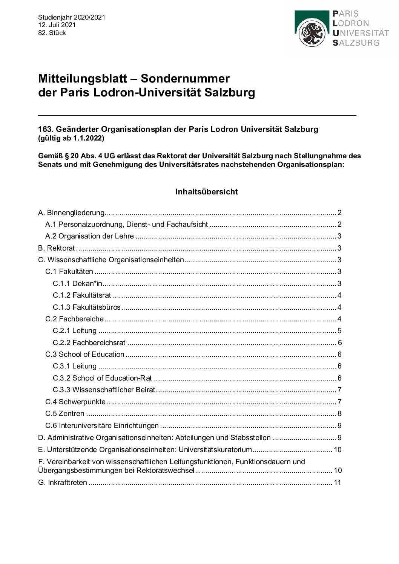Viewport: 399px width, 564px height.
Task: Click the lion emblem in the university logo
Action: (312, 33)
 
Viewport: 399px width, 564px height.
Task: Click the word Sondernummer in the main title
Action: (185, 78)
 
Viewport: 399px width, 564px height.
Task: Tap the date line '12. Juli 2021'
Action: (57, 25)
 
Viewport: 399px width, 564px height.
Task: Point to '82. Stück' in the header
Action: (52, 33)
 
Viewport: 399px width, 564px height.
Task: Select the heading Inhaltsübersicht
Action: (207, 192)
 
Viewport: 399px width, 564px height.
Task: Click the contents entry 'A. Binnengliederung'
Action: (71, 213)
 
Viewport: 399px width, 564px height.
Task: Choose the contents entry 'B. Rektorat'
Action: (57, 248)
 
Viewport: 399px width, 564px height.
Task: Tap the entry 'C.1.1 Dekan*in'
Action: (77, 284)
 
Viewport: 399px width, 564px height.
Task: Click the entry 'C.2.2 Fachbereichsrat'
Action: (89, 343)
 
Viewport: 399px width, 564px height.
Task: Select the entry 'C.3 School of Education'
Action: (85, 355)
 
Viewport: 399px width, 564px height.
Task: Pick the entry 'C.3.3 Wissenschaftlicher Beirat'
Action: (104, 390)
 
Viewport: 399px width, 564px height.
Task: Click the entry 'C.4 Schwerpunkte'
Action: (75, 402)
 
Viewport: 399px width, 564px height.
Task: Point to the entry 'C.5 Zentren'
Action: (65, 414)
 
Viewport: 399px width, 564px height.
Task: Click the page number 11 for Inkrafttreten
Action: (337, 483)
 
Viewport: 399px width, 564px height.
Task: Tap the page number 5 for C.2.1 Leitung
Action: (339, 331)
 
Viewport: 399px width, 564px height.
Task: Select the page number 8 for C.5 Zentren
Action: (339, 414)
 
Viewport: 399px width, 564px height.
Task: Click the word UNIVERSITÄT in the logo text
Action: (361, 33)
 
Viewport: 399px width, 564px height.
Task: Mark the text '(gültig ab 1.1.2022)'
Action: (71, 138)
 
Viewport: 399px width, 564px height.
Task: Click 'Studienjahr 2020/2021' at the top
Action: (72, 17)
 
